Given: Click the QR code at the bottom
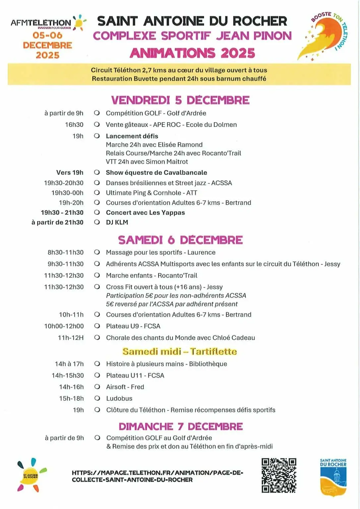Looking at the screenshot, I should tap(278, 476).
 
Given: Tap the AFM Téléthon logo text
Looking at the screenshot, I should tap(41, 23).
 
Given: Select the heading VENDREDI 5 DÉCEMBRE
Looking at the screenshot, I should tap(180, 100).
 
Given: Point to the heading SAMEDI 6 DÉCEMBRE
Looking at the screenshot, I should tap(180, 240).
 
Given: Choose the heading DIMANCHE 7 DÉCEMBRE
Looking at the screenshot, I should tap(181, 426).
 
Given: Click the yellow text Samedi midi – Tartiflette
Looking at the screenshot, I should tap(180, 351).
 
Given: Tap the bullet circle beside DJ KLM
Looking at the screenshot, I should tap(97, 222).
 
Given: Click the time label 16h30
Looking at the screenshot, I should tap(74, 125).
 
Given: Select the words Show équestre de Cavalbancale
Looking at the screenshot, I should tap(156, 173).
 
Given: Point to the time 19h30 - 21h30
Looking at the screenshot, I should tap(62, 213).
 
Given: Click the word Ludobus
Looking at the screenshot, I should tap(119, 398).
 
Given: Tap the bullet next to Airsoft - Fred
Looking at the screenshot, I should tap(97, 387).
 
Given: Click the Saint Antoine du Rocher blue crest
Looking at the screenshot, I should tap(333, 478).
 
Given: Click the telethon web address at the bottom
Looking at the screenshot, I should tap(157, 476).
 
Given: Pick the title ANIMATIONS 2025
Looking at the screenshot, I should tap(192, 53).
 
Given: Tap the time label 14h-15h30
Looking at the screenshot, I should tap(68, 375).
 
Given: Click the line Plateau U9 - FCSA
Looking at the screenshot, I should tap(133, 326).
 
